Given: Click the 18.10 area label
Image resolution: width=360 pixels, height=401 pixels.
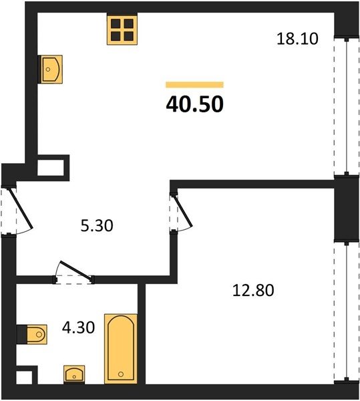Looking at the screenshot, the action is click(297, 39).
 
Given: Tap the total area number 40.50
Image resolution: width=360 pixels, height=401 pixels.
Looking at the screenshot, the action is click(194, 104).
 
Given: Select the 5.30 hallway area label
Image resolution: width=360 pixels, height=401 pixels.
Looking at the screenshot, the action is click(97, 226).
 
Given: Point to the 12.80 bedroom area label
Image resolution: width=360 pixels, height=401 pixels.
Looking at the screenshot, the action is click(253, 290).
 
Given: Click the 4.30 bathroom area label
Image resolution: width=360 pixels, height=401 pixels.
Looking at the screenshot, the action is click(78, 327).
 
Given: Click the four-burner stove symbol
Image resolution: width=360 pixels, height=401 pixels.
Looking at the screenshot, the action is click(122, 29).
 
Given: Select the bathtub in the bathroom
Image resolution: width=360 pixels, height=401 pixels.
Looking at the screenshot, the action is click(121, 349).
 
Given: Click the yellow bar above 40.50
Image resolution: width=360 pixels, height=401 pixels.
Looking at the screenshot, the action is click(194, 85).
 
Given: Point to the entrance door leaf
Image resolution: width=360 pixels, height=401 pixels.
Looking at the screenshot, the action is click(21, 208).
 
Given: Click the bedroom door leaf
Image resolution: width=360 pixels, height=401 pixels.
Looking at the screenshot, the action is click(183, 211).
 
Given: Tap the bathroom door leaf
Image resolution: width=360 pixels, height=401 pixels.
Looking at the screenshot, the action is click(75, 269).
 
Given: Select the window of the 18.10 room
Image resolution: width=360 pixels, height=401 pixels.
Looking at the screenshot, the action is click(347, 107).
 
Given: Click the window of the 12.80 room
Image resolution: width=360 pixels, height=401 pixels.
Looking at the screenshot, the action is click(347, 311).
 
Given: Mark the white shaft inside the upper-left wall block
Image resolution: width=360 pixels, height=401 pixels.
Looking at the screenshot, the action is click(51, 168).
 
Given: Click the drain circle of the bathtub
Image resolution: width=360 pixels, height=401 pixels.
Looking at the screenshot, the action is click(121, 374).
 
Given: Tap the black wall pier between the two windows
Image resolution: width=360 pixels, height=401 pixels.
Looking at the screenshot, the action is click(347, 209).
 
